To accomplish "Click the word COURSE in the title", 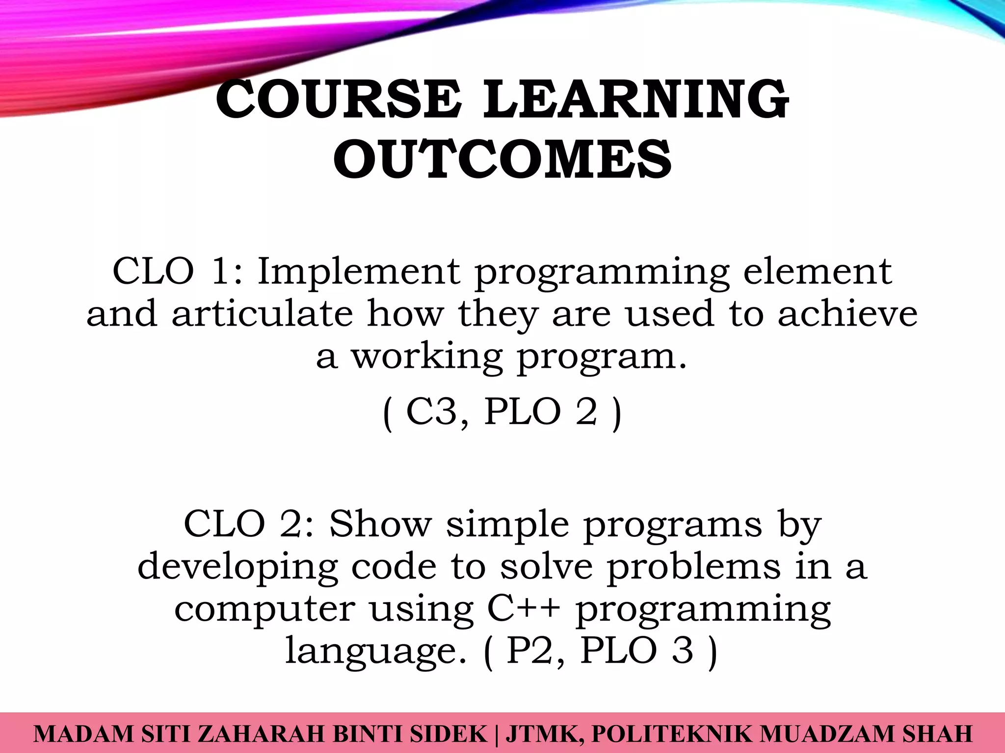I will [x=338, y=100].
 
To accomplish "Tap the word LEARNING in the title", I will [x=636, y=100].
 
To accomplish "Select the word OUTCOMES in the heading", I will [x=502, y=159].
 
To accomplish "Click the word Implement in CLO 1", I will [x=359, y=272].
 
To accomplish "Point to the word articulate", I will [x=262, y=314].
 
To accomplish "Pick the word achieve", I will [x=847, y=314].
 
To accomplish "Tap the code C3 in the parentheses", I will [x=431, y=412].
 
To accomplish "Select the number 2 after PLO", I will [x=586, y=412].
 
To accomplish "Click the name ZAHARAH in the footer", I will [x=261, y=734].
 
